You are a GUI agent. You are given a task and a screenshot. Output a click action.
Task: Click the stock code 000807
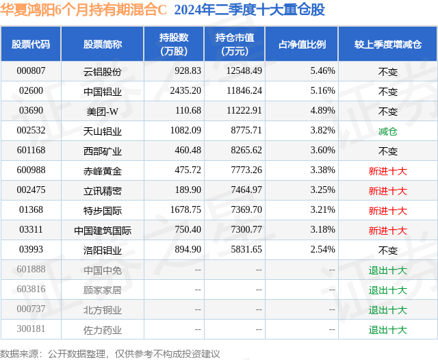tap(31, 70)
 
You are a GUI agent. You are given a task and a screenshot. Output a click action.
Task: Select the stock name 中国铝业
tap(103, 91)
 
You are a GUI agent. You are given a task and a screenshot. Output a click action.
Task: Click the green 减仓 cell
tap(387, 131)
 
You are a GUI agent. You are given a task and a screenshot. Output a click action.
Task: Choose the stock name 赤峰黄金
tap(103, 170)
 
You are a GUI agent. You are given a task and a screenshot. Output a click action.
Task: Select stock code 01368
tap(31, 210)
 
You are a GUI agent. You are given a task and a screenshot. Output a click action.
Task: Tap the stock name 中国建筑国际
tap(103, 231)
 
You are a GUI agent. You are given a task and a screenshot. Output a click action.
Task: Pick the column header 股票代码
tap(31, 44)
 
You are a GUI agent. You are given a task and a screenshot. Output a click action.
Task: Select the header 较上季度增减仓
tap(387, 44)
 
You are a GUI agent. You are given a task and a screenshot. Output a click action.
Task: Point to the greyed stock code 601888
tap(31, 270)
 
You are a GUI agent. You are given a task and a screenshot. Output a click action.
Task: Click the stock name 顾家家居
tap(103, 290)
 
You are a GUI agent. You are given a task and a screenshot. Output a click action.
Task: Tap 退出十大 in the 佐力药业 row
tap(387, 330)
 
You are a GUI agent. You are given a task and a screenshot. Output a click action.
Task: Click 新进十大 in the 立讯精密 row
tap(387, 190)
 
